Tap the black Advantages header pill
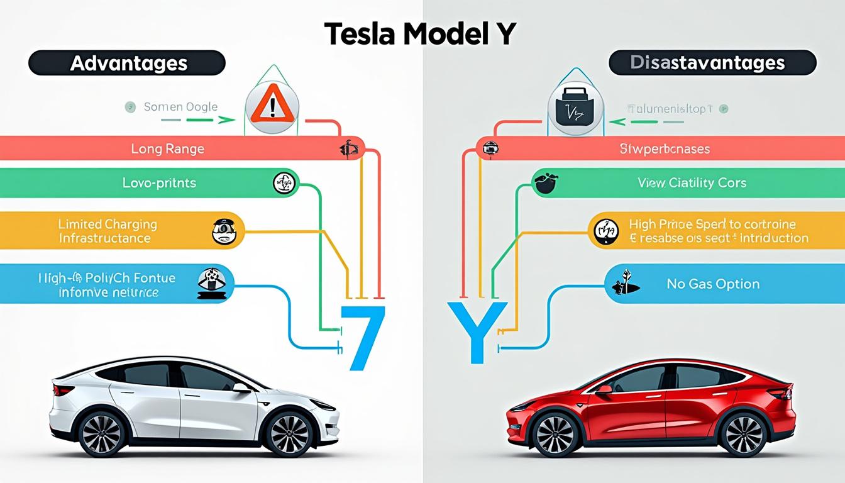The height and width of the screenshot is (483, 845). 127,64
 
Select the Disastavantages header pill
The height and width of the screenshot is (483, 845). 712,63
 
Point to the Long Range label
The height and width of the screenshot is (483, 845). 167,149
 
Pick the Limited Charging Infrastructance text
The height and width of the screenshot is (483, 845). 108,231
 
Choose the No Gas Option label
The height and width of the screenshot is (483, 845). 713,284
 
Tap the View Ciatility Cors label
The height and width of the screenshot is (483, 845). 692,183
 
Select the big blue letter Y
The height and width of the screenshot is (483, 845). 477,331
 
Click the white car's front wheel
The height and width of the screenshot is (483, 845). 289,433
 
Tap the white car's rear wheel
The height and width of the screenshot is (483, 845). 101,433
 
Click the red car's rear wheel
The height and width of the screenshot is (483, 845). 744,434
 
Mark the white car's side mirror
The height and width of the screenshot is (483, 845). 241,388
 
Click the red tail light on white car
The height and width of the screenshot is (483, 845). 63,391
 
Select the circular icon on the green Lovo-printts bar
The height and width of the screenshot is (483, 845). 284,183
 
